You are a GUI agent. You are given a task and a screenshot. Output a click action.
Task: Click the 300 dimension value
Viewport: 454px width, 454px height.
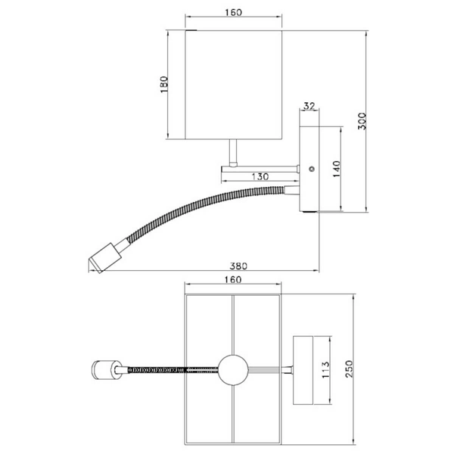362,121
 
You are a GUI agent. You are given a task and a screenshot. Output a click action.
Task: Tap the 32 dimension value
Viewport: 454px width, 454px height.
309,106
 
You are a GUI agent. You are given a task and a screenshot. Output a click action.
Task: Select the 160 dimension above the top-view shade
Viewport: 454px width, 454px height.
233,279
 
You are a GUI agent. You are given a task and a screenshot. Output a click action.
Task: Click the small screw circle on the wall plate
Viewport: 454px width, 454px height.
312,169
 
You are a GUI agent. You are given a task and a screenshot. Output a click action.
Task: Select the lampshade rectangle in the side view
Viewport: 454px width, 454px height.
233,84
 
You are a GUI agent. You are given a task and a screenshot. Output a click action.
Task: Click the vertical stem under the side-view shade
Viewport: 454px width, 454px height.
234,152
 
